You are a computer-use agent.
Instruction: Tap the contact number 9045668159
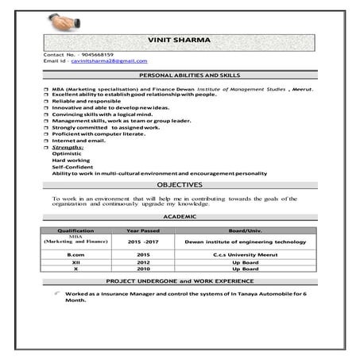tap(97, 54)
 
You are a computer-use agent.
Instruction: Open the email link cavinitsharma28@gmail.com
tap(109, 60)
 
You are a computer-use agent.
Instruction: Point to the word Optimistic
tap(65, 154)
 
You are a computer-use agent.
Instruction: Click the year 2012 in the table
tap(143, 261)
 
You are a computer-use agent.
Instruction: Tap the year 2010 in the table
tap(143, 269)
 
